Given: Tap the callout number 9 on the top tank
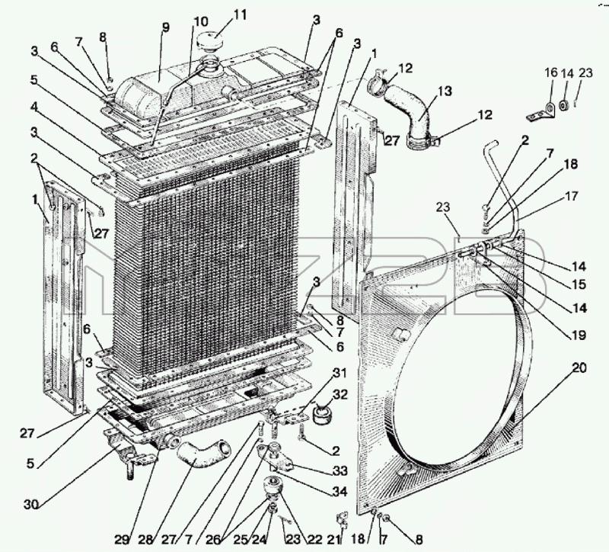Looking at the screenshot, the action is pos(166,28).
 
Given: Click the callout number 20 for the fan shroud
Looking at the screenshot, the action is pos(579,367).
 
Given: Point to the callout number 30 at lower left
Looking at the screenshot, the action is pos(32,505).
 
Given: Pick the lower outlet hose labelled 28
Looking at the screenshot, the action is pos(203,453).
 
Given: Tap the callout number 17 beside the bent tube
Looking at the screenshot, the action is pos(570,197).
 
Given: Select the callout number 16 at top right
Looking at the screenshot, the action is pos(550,72).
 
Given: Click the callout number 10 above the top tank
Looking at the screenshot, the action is pos(201,21).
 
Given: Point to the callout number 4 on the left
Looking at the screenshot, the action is pos(35,107).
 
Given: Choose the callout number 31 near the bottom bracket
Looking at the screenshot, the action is pos(339,373).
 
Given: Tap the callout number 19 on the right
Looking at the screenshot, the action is pos(579,335).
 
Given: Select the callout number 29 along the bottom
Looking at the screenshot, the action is pos(123,540).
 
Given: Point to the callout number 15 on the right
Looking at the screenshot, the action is pos(579,284).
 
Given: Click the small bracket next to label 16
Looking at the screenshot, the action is pos(541,111).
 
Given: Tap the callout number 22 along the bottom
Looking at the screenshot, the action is pos(314,540).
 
